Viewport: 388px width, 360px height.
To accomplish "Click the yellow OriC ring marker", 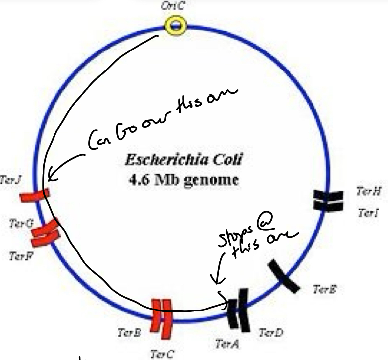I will [175, 26].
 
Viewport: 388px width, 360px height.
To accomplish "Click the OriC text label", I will [172, 6].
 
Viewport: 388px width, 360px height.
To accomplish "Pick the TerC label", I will [162, 354].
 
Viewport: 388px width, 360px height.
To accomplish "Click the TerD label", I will [270, 333].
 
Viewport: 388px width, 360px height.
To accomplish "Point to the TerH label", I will [369, 191].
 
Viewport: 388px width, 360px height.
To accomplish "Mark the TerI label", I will [368, 213].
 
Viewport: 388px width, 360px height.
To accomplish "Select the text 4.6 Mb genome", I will [183, 180].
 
